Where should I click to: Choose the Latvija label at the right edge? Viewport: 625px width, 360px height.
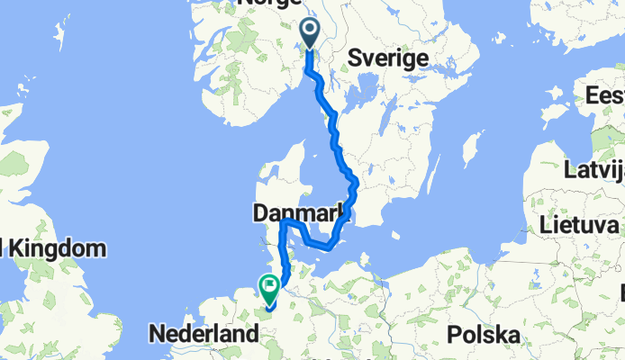coord(593,168)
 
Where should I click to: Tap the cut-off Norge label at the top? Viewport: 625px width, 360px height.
coord(270,4)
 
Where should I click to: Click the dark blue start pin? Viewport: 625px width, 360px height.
coord(310,33)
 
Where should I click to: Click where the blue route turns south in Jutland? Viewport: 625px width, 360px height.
coord(285,222)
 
